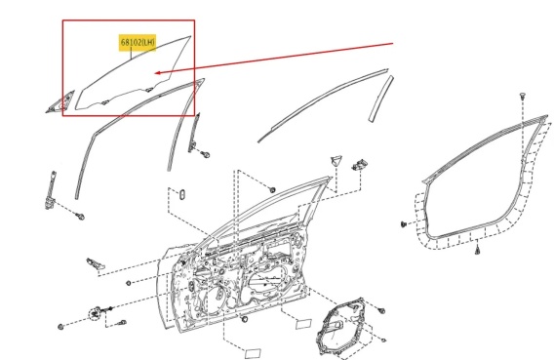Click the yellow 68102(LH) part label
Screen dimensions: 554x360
coord(138,42)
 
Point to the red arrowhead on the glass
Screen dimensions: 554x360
coord(158,73)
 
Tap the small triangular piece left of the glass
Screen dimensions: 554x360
coord(60,101)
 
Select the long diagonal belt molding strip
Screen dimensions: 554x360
coord(323,105)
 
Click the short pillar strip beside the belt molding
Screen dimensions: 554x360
coord(380,99)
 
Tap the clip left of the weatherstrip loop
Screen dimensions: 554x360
coord(404,223)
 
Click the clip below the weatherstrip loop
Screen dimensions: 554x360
coord(477,251)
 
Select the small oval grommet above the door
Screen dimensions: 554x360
coord(182,195)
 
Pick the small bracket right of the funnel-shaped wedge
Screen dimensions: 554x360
coord(359,165)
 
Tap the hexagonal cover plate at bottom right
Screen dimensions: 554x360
coord(339,326)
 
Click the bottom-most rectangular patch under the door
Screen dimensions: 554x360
coord(253,353)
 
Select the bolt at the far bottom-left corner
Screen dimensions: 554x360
coord(60,327)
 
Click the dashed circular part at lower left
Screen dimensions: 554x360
coord(95,314)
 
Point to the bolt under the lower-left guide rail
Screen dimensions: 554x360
coord(81,217)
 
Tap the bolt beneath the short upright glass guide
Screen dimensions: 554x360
coord(205,154)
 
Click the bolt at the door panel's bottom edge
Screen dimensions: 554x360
coord(244,320)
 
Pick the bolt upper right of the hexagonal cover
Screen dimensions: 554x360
coord(381,311)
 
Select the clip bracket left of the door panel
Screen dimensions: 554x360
coord(96,262)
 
